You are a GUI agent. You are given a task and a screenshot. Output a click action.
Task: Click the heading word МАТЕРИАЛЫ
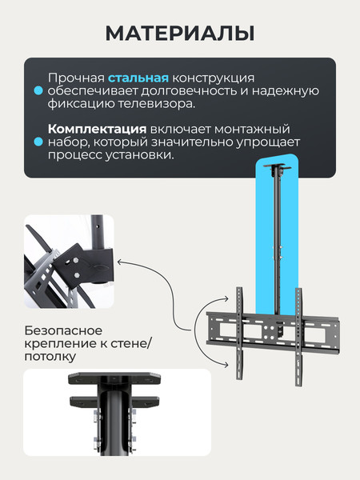180,33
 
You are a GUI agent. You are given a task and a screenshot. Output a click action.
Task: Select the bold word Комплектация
97,130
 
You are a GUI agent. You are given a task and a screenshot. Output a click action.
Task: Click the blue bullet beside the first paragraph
38,91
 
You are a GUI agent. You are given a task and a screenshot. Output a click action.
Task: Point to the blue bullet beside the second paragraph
38,142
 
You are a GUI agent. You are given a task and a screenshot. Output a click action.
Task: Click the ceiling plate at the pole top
277,170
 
